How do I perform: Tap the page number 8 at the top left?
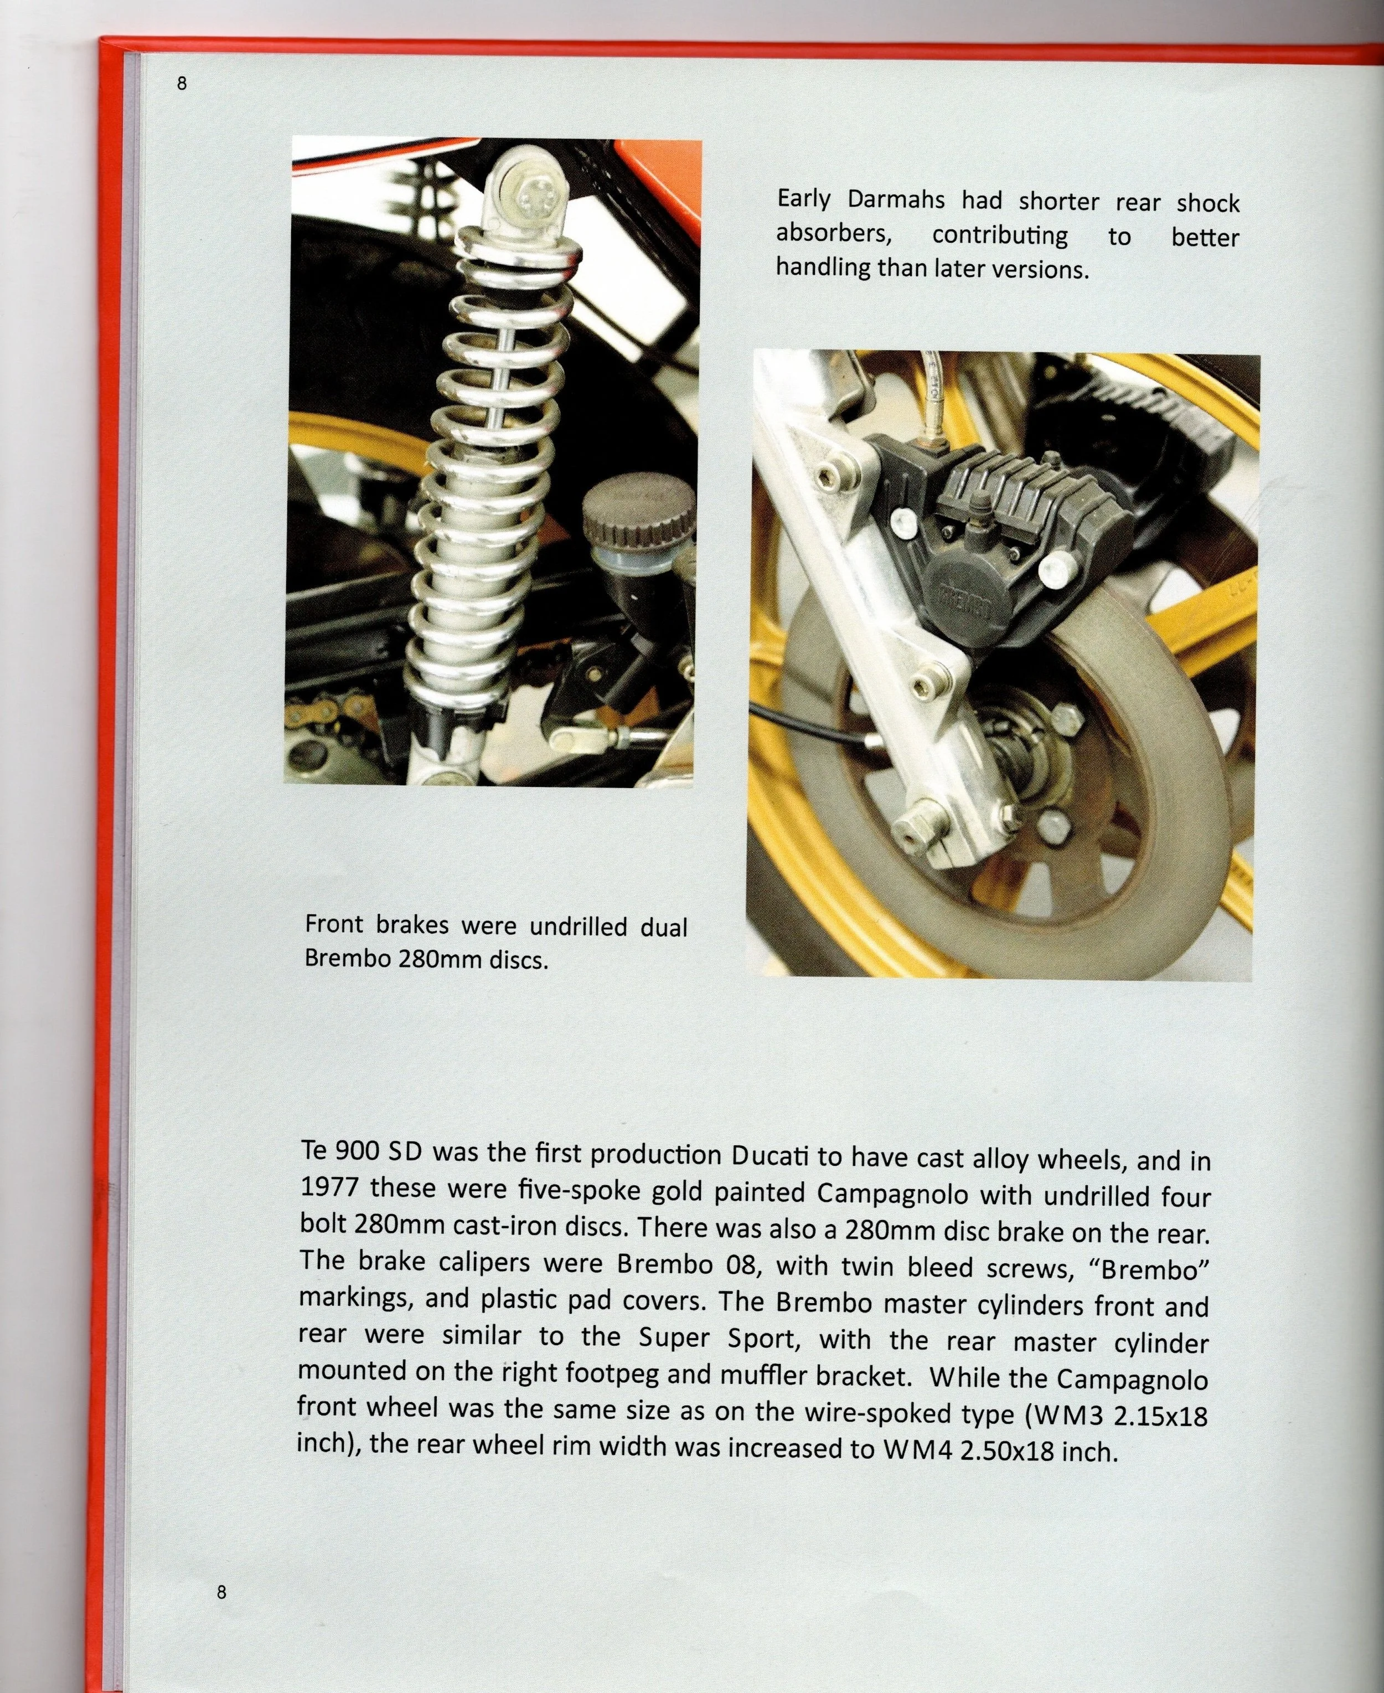[182, 83]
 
